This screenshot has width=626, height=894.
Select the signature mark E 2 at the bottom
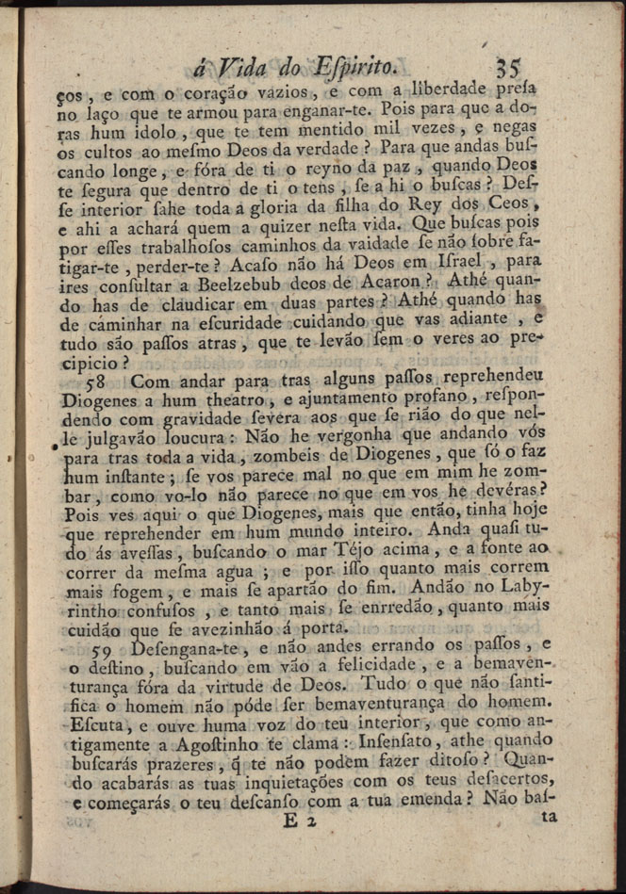(301, 821)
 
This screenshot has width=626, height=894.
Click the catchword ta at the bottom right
(548, 818)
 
